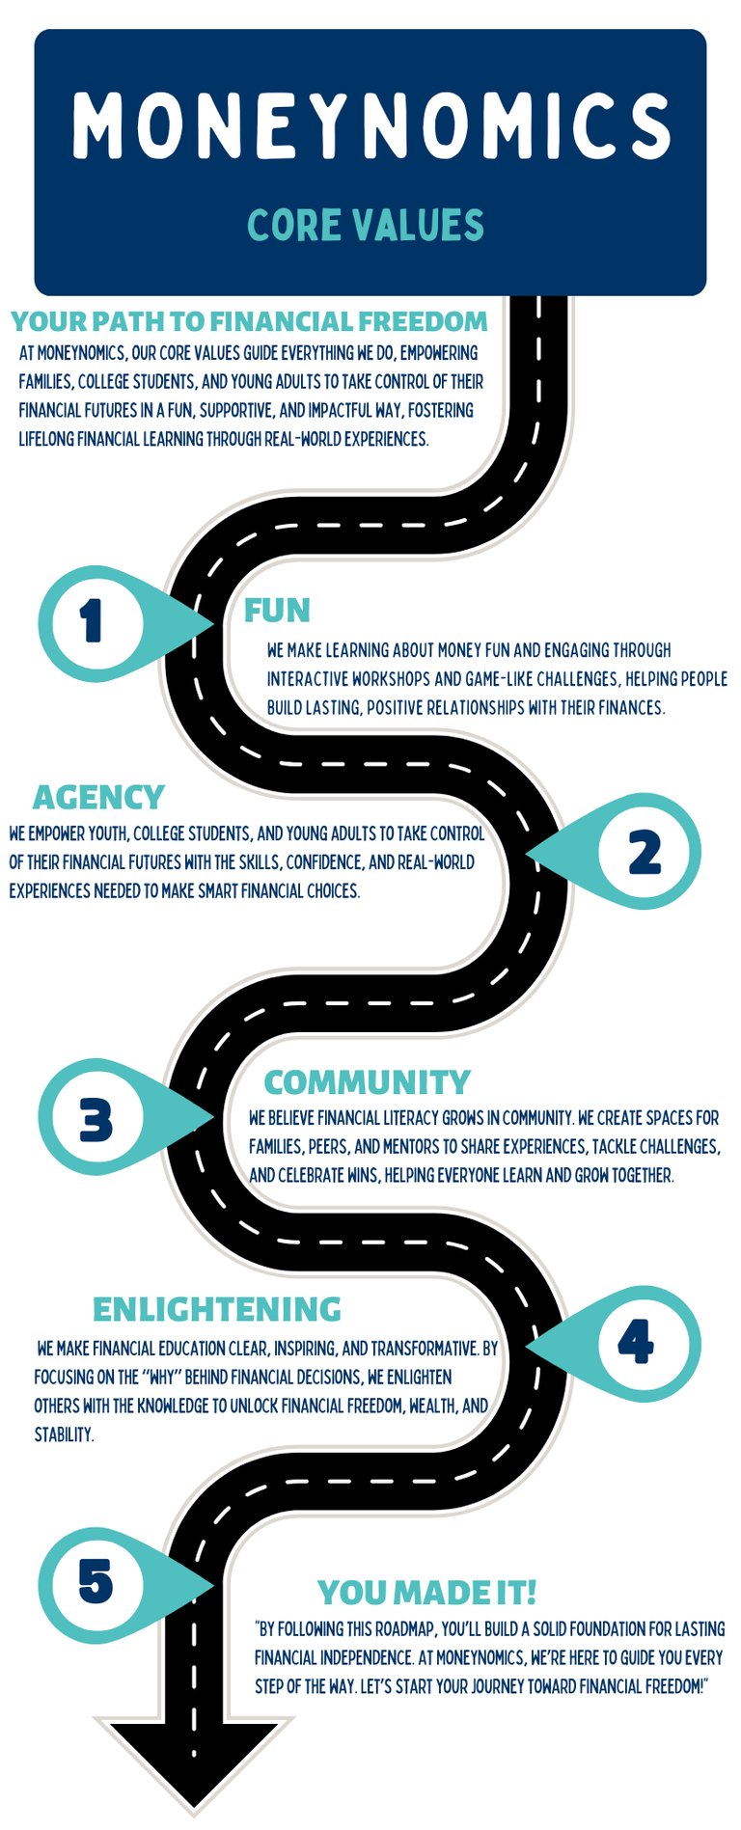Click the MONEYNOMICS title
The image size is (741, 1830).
[370, 125]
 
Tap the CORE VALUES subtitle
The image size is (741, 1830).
[366, 225]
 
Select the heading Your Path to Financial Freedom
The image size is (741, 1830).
[249, 321]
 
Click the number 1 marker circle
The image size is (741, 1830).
[94, 622]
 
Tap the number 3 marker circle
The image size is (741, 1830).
[96, 1120]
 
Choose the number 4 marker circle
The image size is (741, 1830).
[636, 1342]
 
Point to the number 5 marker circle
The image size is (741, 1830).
[96, 1581]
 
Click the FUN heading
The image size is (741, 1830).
[277, 611]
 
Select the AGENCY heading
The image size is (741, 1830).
[98, 798]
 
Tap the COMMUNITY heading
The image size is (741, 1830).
[367, 1082]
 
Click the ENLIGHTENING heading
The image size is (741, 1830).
[217, 1309]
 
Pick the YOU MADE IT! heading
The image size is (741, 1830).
[426, 1593]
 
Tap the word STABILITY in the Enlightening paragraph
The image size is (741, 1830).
[64, 1434]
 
